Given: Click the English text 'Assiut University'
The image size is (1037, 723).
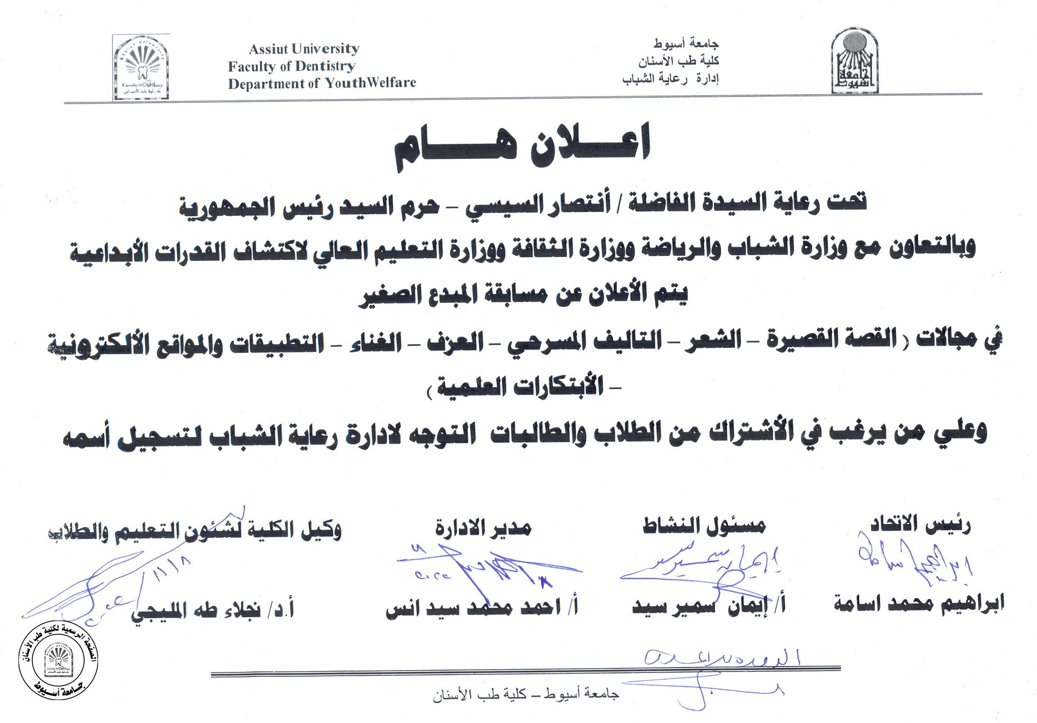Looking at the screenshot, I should tap(304, 49).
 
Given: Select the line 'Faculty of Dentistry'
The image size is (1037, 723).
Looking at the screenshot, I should tap(291, 67).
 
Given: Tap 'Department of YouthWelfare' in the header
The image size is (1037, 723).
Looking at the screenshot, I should tap(322, 84).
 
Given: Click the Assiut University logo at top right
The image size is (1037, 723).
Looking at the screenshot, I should tap(855, 61).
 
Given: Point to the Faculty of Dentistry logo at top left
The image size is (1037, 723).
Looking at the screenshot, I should tap(141, 68).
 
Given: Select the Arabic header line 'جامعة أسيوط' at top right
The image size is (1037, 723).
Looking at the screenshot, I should tap(685, 44).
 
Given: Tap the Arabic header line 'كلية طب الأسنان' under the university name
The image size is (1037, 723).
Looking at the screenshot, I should tap(678, 61).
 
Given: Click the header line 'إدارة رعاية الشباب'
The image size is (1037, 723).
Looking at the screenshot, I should tap(670, 79).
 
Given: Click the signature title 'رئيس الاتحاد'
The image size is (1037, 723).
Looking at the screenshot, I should tap(920, 525).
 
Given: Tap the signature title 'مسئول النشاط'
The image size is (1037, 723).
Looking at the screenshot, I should tap(704, 525).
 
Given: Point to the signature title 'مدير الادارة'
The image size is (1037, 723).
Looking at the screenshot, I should tap(483, 527).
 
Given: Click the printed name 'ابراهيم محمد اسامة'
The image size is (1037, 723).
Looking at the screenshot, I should tap(919, 604).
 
